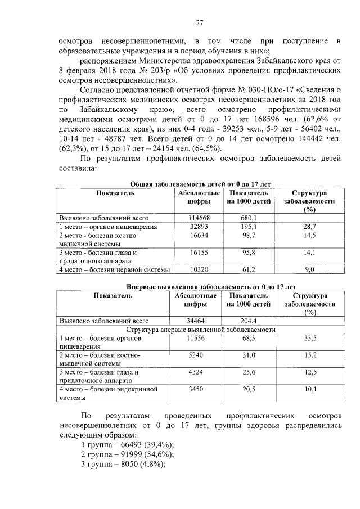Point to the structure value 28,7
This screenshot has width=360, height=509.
point(309,226)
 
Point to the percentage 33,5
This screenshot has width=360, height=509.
point(309,339)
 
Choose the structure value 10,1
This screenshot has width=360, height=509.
point(309,389)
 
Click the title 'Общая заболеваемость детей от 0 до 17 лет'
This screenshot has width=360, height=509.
point(200,184)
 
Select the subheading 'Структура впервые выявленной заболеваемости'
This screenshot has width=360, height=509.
point(200,330)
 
